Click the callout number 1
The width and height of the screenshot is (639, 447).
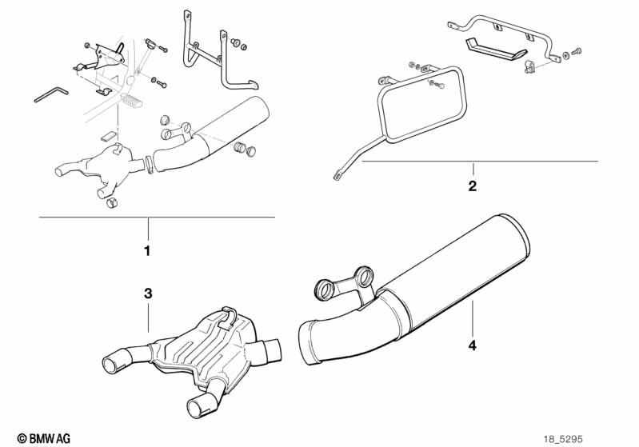click(x=147, y=251)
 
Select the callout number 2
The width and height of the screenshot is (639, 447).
click(x=472, y=187)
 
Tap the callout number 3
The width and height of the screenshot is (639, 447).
click(x=147, y=293)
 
